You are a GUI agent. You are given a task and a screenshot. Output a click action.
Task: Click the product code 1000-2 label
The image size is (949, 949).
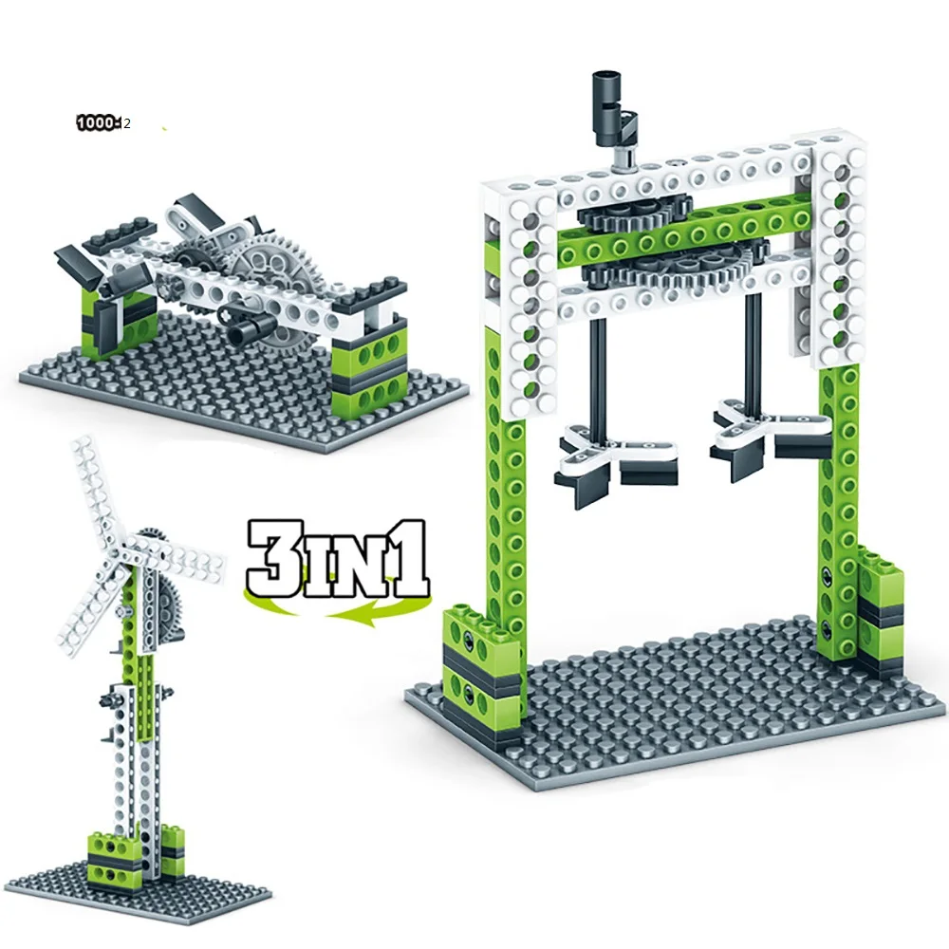pos(103,123)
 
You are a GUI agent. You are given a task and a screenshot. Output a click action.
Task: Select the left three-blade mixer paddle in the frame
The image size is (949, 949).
pos(607,457)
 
